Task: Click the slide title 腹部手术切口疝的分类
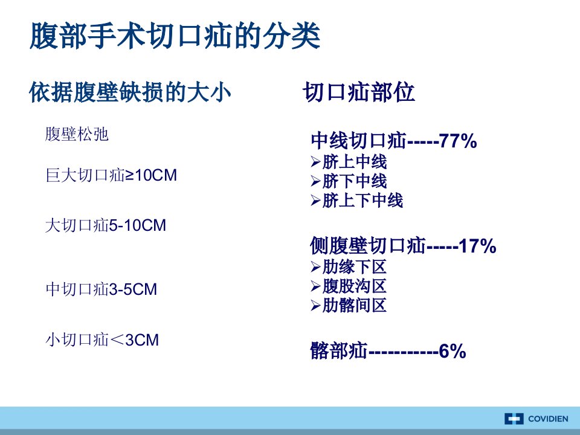click(175, 36)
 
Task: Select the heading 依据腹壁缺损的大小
click(130, 92)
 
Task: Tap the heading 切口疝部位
click(359, 92)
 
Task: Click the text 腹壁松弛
click(77, 134)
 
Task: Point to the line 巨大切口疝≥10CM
click(111, 175)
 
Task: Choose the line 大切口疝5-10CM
click(106, 225)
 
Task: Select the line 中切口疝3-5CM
click(101, 289)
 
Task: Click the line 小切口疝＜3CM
click(102, 340)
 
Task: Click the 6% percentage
click(452, 351)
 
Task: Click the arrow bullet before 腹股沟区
click(315, 286)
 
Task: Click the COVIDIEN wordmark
click(548, 419)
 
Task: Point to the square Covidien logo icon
click(514, 419)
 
